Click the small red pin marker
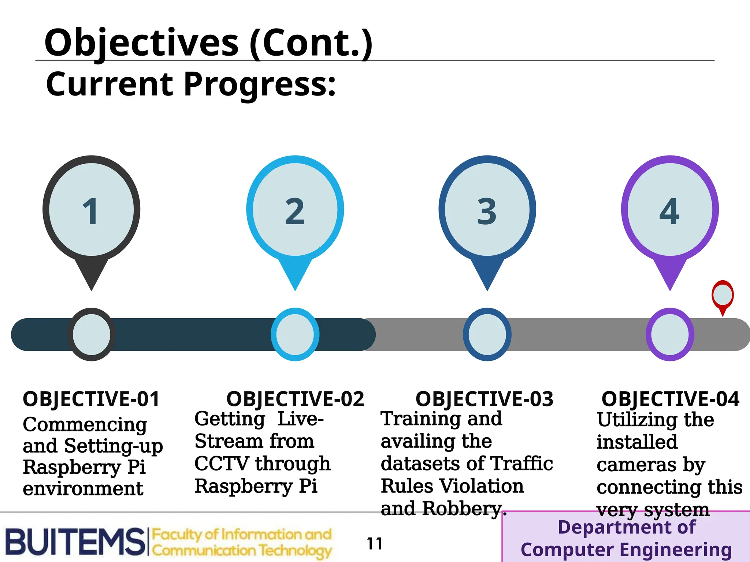tap(723, 296)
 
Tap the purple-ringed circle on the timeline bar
tap(670, 334)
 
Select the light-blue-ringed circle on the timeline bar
tap(295, 334)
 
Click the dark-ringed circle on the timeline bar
tap(91, 334)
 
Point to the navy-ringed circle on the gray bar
tap(487, 334)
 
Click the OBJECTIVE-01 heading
tap(91, 399)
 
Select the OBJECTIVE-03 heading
tap(484, 399)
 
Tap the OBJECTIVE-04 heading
tap(670, 399)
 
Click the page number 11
tap(375, 544)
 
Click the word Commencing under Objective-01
tap(85, 424)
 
